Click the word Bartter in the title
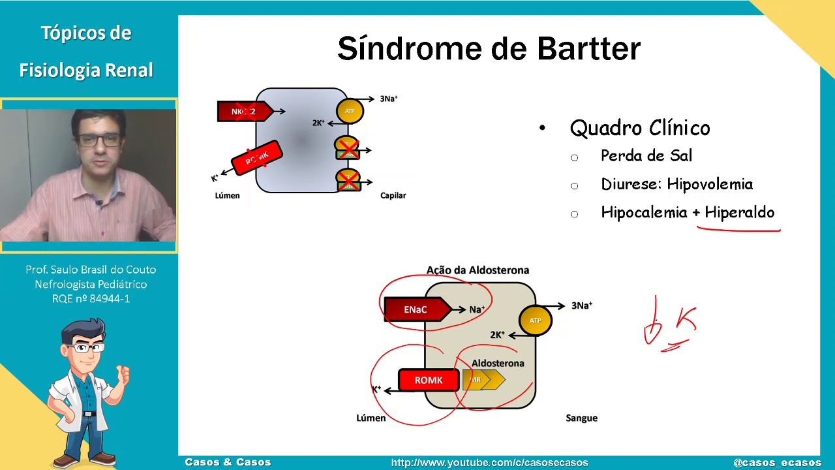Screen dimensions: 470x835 pos(588,50)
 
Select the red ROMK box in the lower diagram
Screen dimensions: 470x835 pos(428,380)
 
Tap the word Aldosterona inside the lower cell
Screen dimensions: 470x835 pos(498,363)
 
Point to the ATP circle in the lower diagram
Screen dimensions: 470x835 pos(535,321)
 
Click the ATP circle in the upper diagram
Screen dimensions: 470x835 pos(350,111)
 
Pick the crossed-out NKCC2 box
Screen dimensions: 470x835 pos(243,112)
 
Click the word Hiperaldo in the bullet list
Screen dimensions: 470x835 pos(739,213)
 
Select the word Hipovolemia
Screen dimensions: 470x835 pos(710,185)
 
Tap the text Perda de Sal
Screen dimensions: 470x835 pos(646,156)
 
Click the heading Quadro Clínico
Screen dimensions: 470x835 pos(639,128)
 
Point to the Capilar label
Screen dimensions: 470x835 pos(393,195)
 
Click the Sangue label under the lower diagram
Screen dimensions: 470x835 pos(581,418)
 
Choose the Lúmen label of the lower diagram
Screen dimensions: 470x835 pos(371,418)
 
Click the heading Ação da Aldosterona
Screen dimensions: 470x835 pos(478,270)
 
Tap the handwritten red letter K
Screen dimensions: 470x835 pos(686,320)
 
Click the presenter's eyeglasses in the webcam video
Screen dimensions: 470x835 pos(98,139)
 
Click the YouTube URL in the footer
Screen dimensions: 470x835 pos(489,463)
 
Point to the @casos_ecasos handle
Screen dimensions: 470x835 pos(777,463)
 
